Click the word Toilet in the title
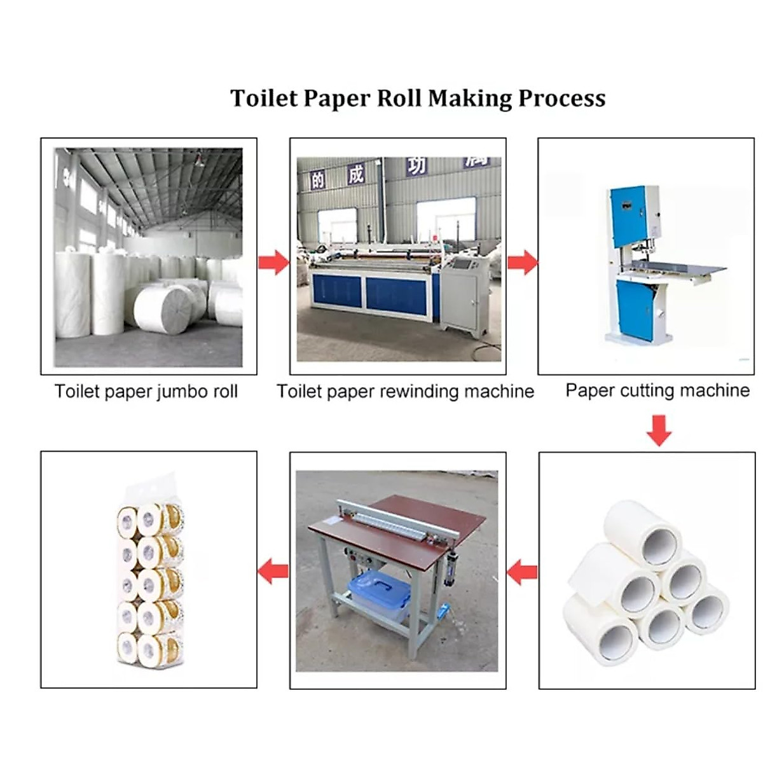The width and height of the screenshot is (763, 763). [x=264, y=99]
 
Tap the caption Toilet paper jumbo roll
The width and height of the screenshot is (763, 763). [x=146, y=391]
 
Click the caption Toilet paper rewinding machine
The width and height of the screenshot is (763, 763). [x=405, y=391]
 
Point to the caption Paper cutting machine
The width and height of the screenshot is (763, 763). [x=657, y=390]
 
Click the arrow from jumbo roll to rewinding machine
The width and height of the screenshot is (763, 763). [x=273, y=261]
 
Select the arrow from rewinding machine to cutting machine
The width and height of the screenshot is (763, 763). [x=522, y=261]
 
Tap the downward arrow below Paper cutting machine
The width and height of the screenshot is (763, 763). [x=659, y=430]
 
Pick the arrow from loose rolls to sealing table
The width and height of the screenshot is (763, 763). [x=522, y=572]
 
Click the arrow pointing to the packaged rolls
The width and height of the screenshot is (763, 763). [x=273, y=570]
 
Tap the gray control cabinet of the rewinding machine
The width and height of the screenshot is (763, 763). [x=462, y=296]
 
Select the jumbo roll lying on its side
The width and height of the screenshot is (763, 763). [x=164, y=307]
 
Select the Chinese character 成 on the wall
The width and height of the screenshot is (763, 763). [x=355, y=174]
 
